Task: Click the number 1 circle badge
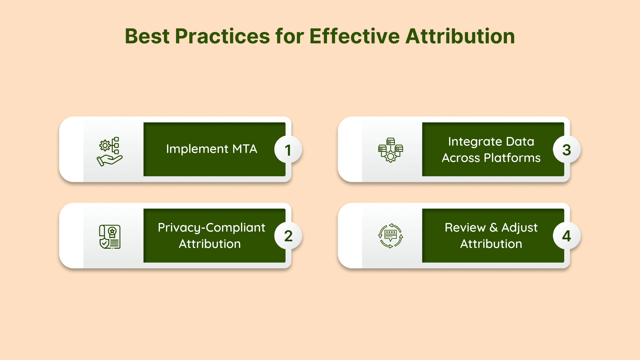pyautogui.click(x=288, y=150)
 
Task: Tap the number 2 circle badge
pyautogui.click(x=288, y=236)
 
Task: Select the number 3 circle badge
pyautogui.click(x=567, y=150)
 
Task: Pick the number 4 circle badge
pyautogui.click(x=567, y=236)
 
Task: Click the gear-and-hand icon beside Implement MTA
pyautogui.click(x=110, y=151)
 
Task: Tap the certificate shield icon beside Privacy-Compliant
pyautogui.click(x=110, y=237)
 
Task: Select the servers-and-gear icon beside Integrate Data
pyautogui.click(x=391, y=150)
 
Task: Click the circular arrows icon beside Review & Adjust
pyautogui.click(x=391, y=236)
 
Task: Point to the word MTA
pyautogui.click(x=245, y=149)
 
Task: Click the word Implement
pyautogui.click(x=197, y=149)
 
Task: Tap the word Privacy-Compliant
pyautogui.click(x=212, y=228)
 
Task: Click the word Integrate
pyautogui.click(x=475, y=142)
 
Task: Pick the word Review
pyautogui.click(x=465, y=228)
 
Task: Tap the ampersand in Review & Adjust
pyautogui.click(x=494, y=228)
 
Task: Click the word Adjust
pyautogui.click(x=520, y=228)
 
